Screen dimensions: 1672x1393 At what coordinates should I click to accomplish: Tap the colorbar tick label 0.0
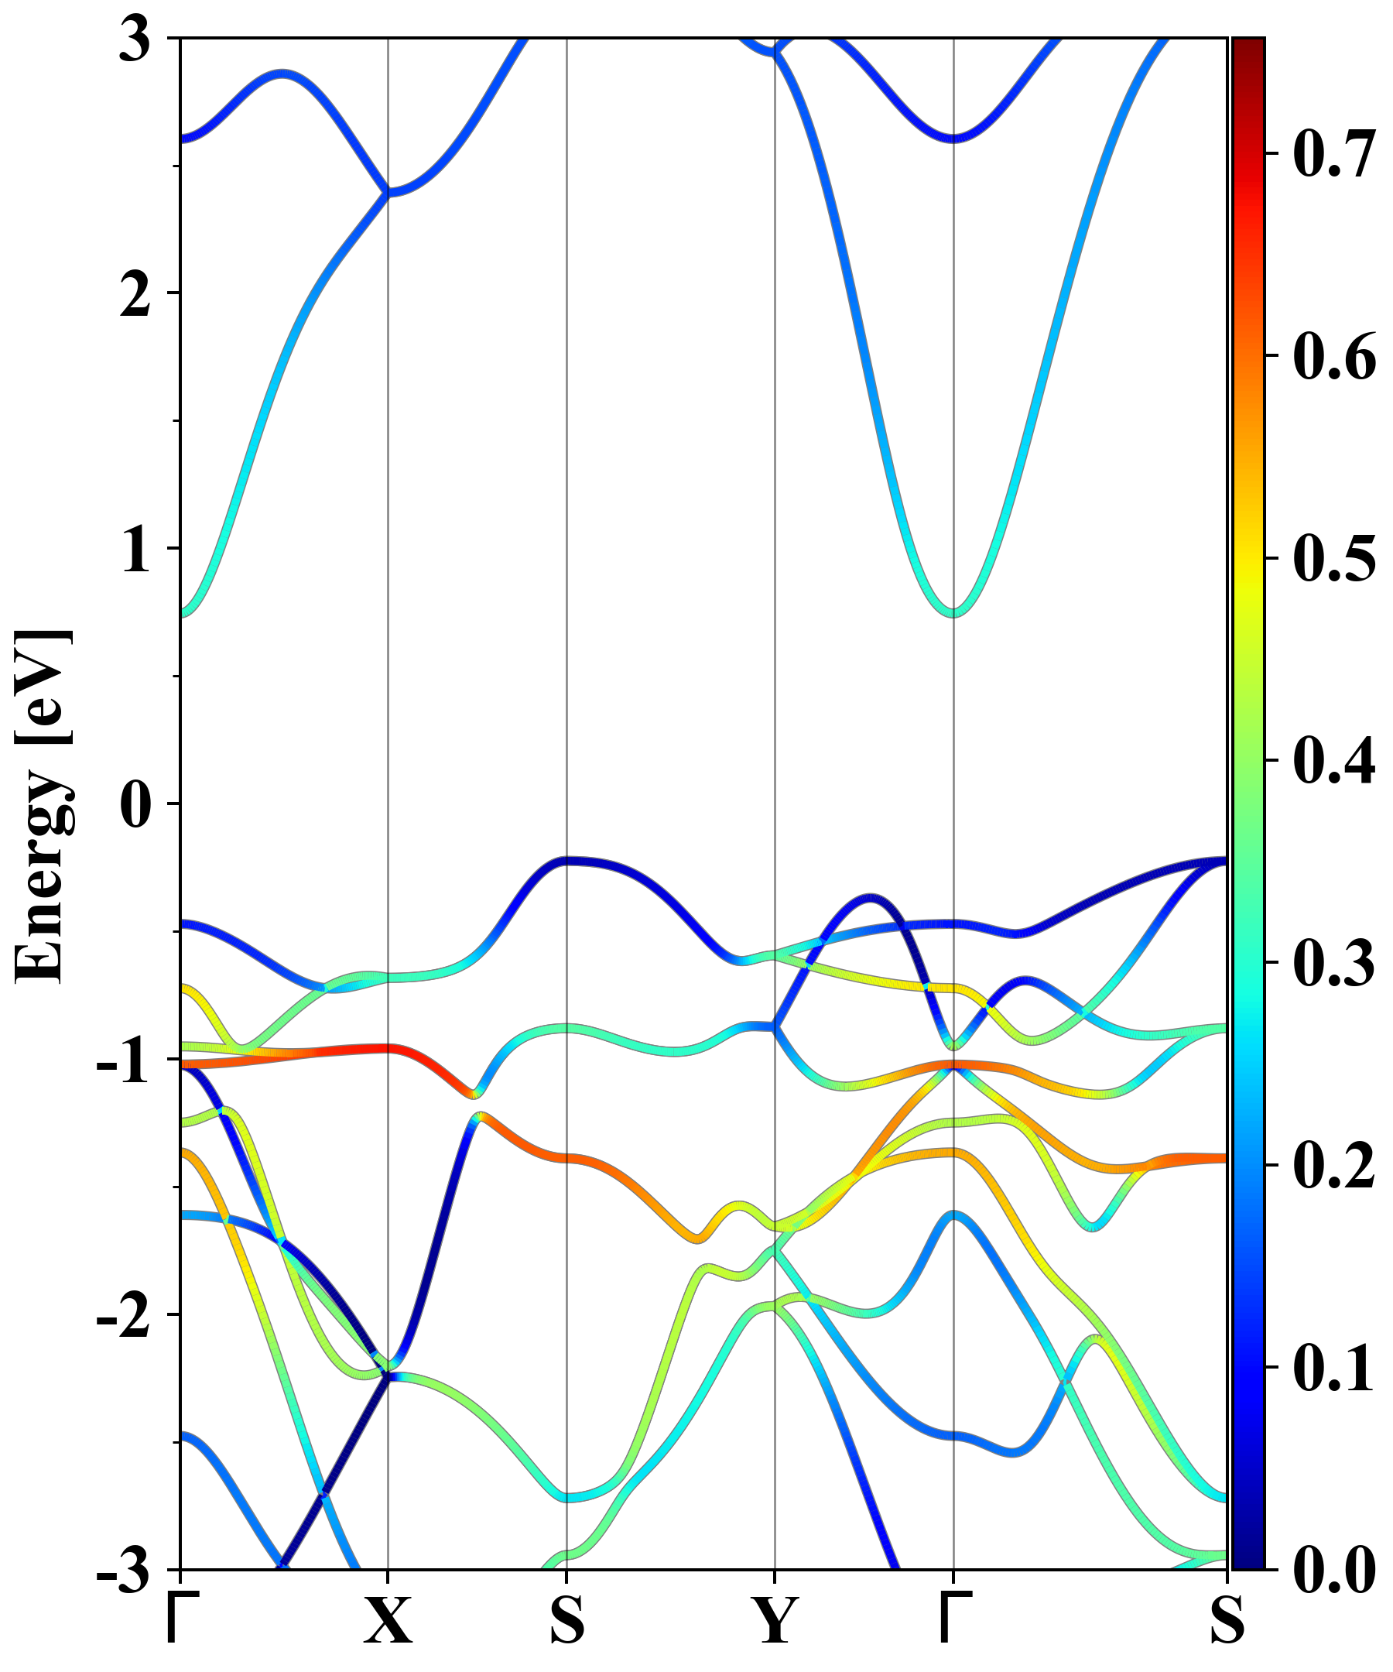point(1334,1571)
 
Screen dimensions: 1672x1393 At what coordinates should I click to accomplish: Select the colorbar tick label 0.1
point(1334,1368)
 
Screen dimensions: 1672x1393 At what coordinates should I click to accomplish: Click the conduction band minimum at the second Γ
point(953,612)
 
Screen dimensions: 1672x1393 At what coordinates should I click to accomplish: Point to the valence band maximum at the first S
point(566,861)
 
